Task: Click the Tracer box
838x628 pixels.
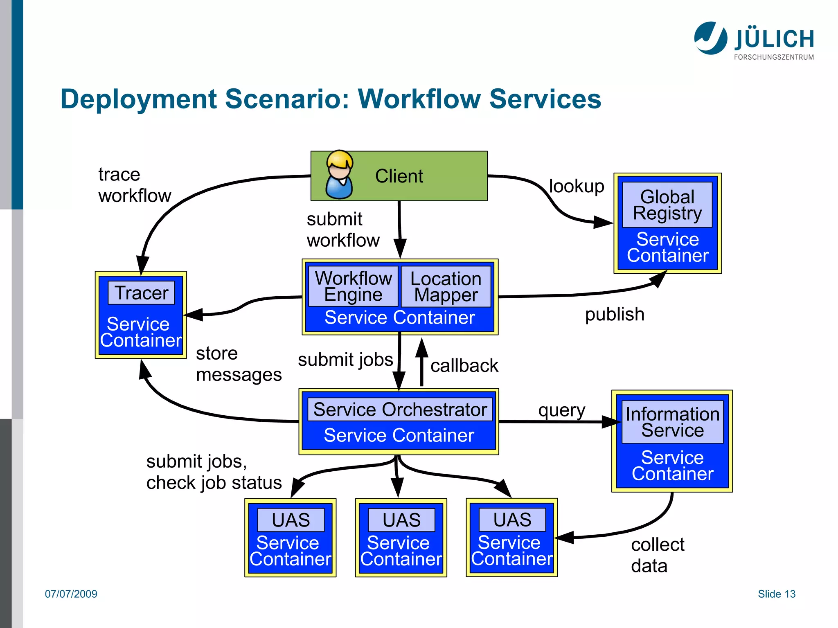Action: click(x=141, y=293)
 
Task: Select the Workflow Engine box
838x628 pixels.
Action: click(x=353, y=286)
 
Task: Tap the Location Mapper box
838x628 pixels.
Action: click(x=446, y=287)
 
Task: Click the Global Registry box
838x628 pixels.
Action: click(x=667, y=205)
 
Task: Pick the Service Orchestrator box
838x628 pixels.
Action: click(x=400, y=410)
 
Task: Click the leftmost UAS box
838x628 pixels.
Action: click(x=291, y=520)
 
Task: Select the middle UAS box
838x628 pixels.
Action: click(x=401, y=520)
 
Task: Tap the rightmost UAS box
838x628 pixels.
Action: click(x=512, y=520)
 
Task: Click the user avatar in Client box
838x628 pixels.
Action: click(x=339, y=175)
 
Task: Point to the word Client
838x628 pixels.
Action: click(x=399, y=176)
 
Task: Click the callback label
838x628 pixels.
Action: click(x=464, y=366)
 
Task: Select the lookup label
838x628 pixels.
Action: click(x=576, y=186)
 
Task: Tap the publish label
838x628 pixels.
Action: click(x=614, y=315)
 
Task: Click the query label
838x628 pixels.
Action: click(x=561, y=410)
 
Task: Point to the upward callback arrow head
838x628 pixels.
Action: click(x=421, y=347)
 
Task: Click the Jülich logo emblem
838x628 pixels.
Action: click(x=710, y=38)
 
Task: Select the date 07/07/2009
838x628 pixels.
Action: click(x=71, y=594)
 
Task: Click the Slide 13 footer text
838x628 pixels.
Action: click(x=776, y=594)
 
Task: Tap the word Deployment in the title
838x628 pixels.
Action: click(x=138, y=99)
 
